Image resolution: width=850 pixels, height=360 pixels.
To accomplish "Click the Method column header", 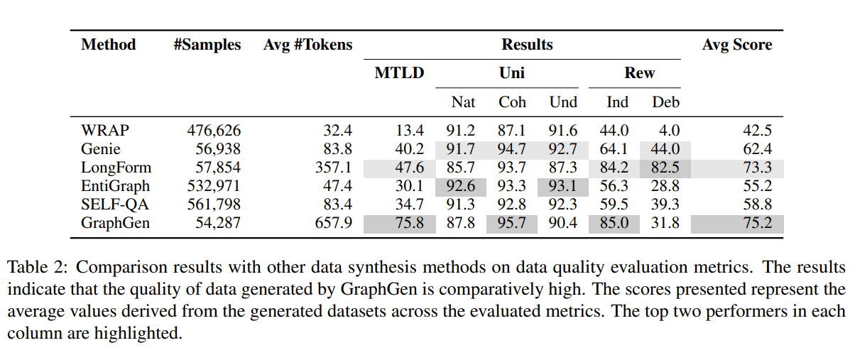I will coord(108,45).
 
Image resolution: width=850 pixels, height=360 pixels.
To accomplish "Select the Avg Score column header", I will coord(736,45).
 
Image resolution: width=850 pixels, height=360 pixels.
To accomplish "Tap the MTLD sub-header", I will coord(399,72).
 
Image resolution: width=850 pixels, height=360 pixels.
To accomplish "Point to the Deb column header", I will coord(665,102).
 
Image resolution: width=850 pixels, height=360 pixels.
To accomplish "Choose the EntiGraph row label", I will coord(116,187).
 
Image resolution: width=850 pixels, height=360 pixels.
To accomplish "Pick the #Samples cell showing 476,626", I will coord(214,131).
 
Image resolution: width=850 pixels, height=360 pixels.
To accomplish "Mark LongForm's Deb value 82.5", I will coord(665,168).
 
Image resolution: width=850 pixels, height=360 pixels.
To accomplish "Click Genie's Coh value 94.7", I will coord(512,150).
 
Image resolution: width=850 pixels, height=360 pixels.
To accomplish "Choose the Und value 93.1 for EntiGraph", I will coord(563,187).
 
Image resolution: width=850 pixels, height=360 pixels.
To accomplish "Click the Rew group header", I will coord(639,72).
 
